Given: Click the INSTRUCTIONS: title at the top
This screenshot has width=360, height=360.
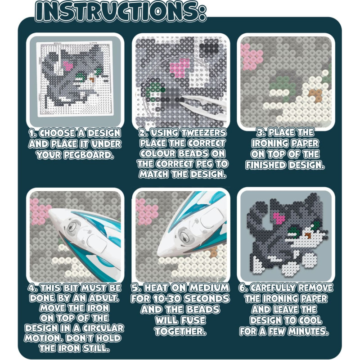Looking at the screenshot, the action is click(121, 12).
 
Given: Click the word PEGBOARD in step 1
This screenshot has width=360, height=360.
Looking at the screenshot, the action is click(88, 155).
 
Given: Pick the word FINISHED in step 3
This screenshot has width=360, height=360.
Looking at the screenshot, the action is click(266, 165).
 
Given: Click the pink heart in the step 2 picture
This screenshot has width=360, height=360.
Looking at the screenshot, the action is click(180, 68).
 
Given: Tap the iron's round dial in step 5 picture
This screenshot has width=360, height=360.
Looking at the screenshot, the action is click(184, 237).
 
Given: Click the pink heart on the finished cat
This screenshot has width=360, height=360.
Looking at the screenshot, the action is click(279, 218).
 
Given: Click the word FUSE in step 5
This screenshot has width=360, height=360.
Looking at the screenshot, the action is click(193, 320).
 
